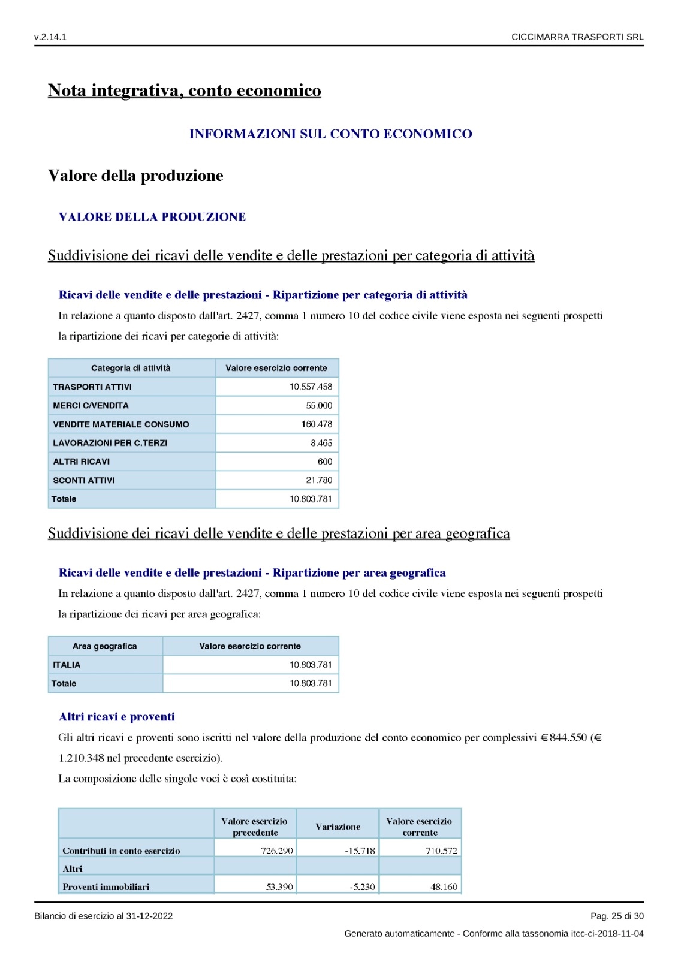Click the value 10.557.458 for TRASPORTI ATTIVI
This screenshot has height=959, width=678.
pyautogui.click(x=311, y=387)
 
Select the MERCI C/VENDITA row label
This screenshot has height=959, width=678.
pyautogui.click(x=91, y=406)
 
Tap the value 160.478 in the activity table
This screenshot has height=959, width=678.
pyautogui.click(x=317, y=424)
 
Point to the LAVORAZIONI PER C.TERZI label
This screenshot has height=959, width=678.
pyautogui.click(x=110, y=443)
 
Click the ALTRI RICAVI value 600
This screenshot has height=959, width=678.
pyautogui.click(x=325, y=462)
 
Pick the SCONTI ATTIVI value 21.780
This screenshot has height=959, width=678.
pyautogui.click(x=319, y=480)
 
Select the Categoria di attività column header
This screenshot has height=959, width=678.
pyautogui.click(x=131, y=368)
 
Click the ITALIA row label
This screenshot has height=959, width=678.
pyautogui.click(x=67, y=665)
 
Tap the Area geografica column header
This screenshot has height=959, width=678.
pyautogui.click(x=105, y=646)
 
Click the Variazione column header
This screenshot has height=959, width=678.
pyautogui.click(x=338, y=827)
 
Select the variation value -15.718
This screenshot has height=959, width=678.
pyautogui.click(x=360, y=851)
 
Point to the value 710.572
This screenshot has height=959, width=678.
pyautogui.click(x=441, y=851)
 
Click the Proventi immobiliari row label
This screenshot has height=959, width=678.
pyautogui.click(x=106, y=887)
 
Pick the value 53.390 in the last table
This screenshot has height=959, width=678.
pyautogui.click(x=279, y=887)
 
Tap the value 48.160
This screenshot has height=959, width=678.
pyautogui.click(x=444, y=887)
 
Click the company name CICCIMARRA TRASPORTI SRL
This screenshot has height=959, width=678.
pyautogui.click(x=577, y=37)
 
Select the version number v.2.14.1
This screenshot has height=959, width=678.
pyautogui.click(x=50, y=37)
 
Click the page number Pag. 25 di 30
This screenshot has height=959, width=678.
pyautogui.click(x=617, y=916)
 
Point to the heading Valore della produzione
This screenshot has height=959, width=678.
pyautogui.click(x=135, y=176)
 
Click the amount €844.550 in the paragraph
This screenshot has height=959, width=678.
pyautogui.click(x=564, y=738)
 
